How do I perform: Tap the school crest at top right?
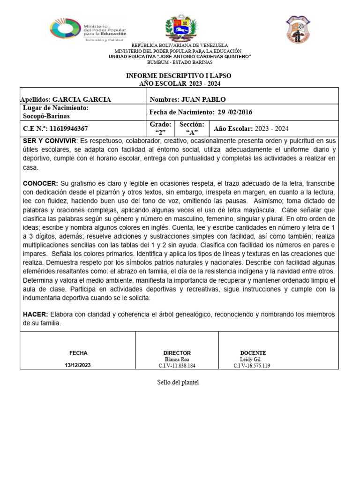click(298, 29)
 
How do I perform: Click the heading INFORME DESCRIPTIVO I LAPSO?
click(179, 76)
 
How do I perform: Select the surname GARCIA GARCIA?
click(82, 100)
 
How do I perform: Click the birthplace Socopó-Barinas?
click(46, 116)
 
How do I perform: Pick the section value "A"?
click(192, 132)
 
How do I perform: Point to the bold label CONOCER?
click(41, 183)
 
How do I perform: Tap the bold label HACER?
click(35, 315)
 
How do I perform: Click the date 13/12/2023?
click(78, 366)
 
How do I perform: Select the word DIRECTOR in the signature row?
click(177, 353)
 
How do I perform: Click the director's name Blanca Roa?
click(177, 360)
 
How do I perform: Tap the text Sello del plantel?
click(178, 383)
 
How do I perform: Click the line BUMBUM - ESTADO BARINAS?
click(180, 62)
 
